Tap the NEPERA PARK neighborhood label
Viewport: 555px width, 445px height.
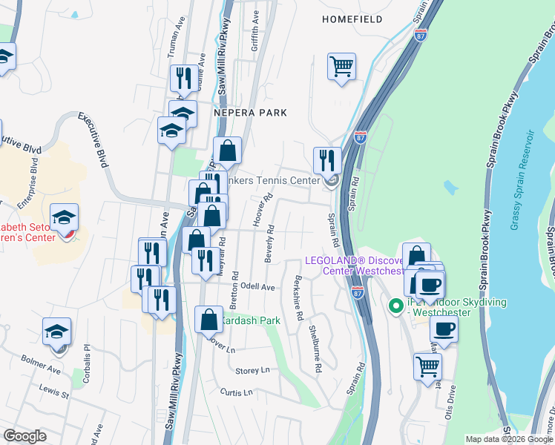click(246, 113)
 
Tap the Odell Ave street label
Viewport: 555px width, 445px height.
click(257, 287)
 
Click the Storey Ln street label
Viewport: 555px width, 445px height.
click(252, 370)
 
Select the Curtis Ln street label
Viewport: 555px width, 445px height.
click(238, 392)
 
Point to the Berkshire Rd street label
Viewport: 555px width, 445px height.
click(298, 299)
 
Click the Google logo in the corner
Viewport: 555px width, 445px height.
click(24, 436)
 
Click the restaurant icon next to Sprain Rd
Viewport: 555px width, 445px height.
click(326, 159)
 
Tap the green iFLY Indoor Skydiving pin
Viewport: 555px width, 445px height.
click(396, 304)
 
